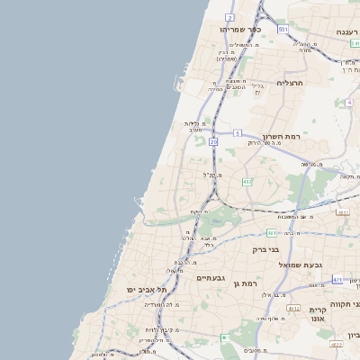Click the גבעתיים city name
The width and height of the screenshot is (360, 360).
215,278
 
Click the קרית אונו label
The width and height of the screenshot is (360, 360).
318,313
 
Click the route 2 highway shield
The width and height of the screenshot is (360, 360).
229,17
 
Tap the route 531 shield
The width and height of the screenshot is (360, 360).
283,30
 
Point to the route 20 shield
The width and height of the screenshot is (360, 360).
213,141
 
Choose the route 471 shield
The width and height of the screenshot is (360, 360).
337,280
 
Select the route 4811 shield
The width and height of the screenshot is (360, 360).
271,233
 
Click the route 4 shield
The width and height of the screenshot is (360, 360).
348,103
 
